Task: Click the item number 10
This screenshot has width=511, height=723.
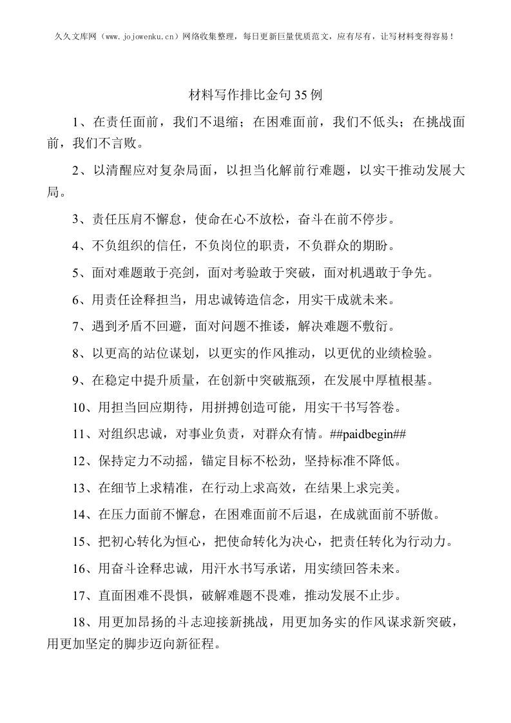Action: [x=79, y=407]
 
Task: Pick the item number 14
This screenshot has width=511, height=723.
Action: [x=79, y=515]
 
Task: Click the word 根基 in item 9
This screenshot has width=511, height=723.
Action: [x=415, y=380]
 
